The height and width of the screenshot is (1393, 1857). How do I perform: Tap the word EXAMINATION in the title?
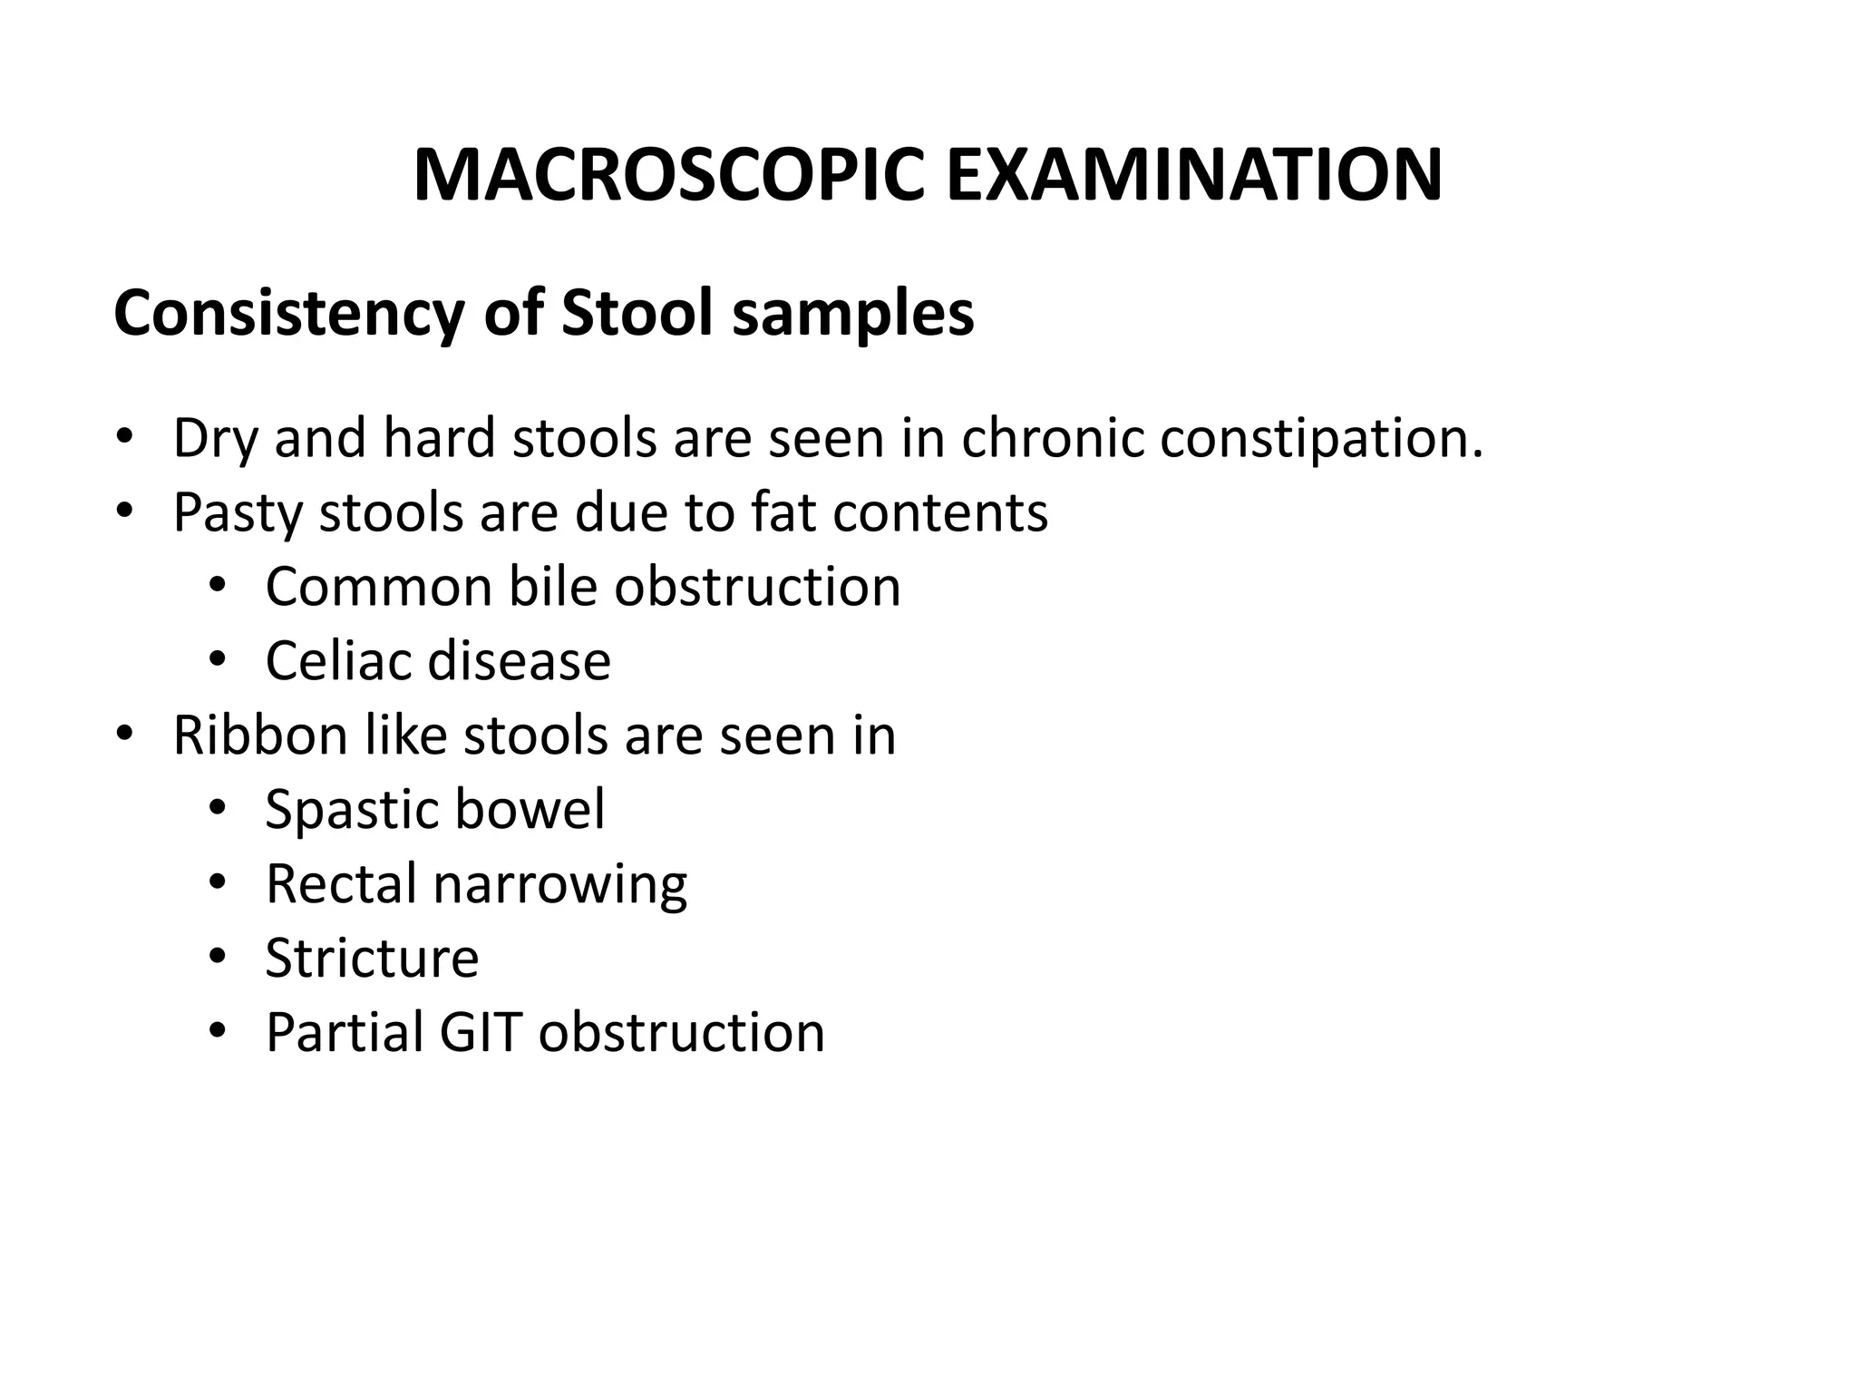click(1193, 176)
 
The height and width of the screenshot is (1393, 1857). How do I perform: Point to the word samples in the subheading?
click(852, 314)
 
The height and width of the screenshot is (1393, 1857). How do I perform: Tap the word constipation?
click(1322, 439)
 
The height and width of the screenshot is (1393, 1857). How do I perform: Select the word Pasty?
click(240, 513)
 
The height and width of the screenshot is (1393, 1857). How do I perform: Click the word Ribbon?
click(260, 735)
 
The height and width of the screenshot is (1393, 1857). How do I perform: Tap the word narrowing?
click(560, 885)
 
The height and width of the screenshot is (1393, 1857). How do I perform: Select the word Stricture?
click(372, 958)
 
